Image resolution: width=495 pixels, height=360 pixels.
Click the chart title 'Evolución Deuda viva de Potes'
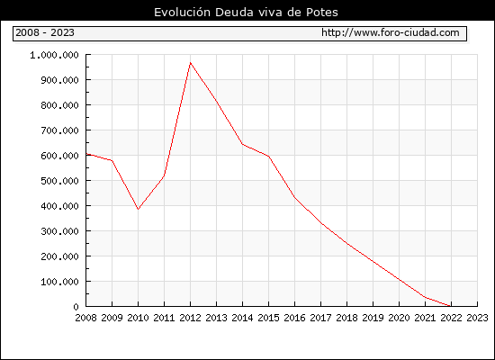pos(246,13)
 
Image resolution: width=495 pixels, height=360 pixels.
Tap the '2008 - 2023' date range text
pos(45,32)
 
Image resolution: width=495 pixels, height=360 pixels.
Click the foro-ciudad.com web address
pos(391,32)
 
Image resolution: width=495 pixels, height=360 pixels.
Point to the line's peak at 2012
pos(191,63)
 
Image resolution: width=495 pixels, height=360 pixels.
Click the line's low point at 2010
pos(138,209)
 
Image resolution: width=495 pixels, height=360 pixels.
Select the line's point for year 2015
pos(269,157)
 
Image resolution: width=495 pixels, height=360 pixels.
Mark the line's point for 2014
pos(242,144)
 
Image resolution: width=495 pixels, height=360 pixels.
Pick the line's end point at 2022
pos(451,306)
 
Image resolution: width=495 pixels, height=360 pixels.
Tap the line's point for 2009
pos(112,160)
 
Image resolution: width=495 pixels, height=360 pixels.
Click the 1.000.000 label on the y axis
pos(54,55)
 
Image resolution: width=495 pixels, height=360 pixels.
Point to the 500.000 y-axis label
pos(59,181)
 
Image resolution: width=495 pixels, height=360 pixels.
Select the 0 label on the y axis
pos(76,307)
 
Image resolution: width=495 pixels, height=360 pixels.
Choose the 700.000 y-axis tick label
pos(59,130)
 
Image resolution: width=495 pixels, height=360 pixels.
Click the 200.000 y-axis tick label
pos(59,256)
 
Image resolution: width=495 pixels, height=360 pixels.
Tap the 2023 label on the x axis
pos(477,318)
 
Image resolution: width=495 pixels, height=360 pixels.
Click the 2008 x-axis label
pos(85,318)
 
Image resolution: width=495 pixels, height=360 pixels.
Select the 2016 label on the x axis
pos(294,318)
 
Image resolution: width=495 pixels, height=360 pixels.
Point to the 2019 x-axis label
pos(373,318)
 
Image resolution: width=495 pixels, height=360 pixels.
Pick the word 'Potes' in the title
pos(322,13)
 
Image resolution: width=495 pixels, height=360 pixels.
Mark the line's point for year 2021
pos(425,297)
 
